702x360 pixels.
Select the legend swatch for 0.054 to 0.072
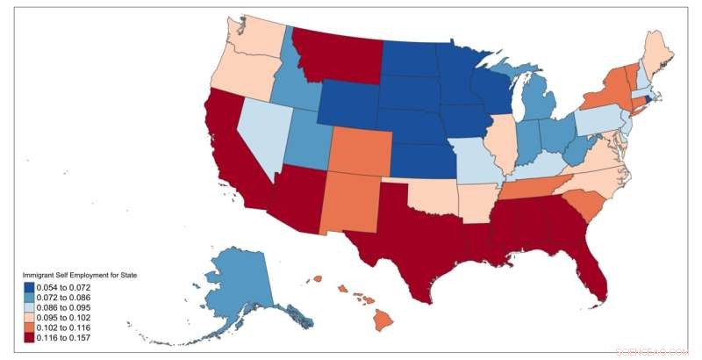[30, 288]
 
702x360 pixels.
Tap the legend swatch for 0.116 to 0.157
[30, 338]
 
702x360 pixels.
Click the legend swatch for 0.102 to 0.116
[30, 328]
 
